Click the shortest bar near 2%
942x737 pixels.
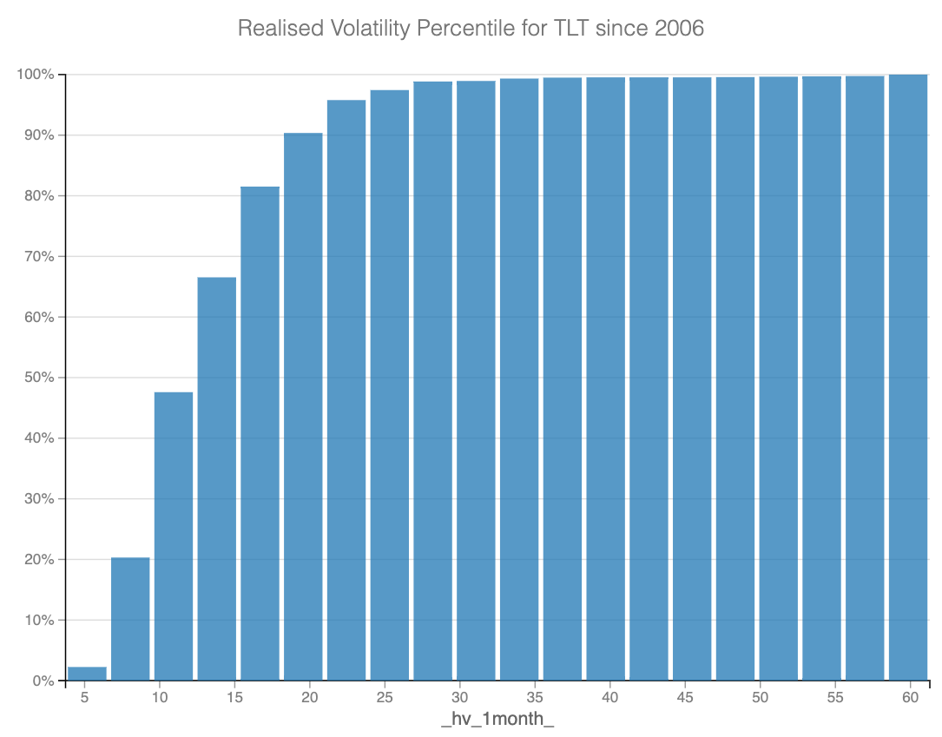click(x=87, y=674)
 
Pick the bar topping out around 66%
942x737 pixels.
click(x=217, y=478)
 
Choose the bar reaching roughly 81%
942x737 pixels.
click(x=260, y=433)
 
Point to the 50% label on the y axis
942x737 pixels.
click(x=39, y=378)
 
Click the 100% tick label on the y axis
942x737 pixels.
click(x=36, y=75)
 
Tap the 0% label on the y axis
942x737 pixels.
click(x=43, y=681)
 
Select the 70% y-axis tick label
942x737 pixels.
click(x=39, y=257)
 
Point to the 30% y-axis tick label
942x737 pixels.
click(x=39, y=499)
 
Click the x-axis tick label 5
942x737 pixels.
click(x=84, y=697)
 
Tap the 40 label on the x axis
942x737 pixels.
click(x=610, y=697)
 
